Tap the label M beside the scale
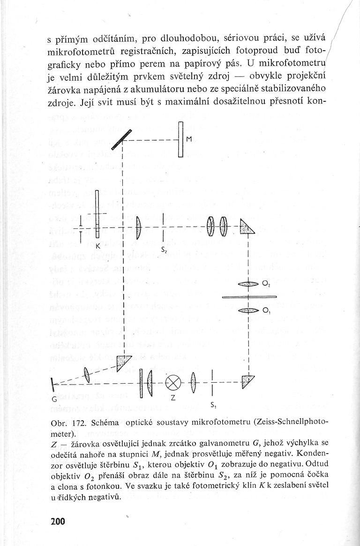189,139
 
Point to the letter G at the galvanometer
54,399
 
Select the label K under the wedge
97,245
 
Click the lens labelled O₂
248,284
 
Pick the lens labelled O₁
248,310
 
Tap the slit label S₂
164,251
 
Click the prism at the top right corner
246,228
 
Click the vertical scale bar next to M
180,139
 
